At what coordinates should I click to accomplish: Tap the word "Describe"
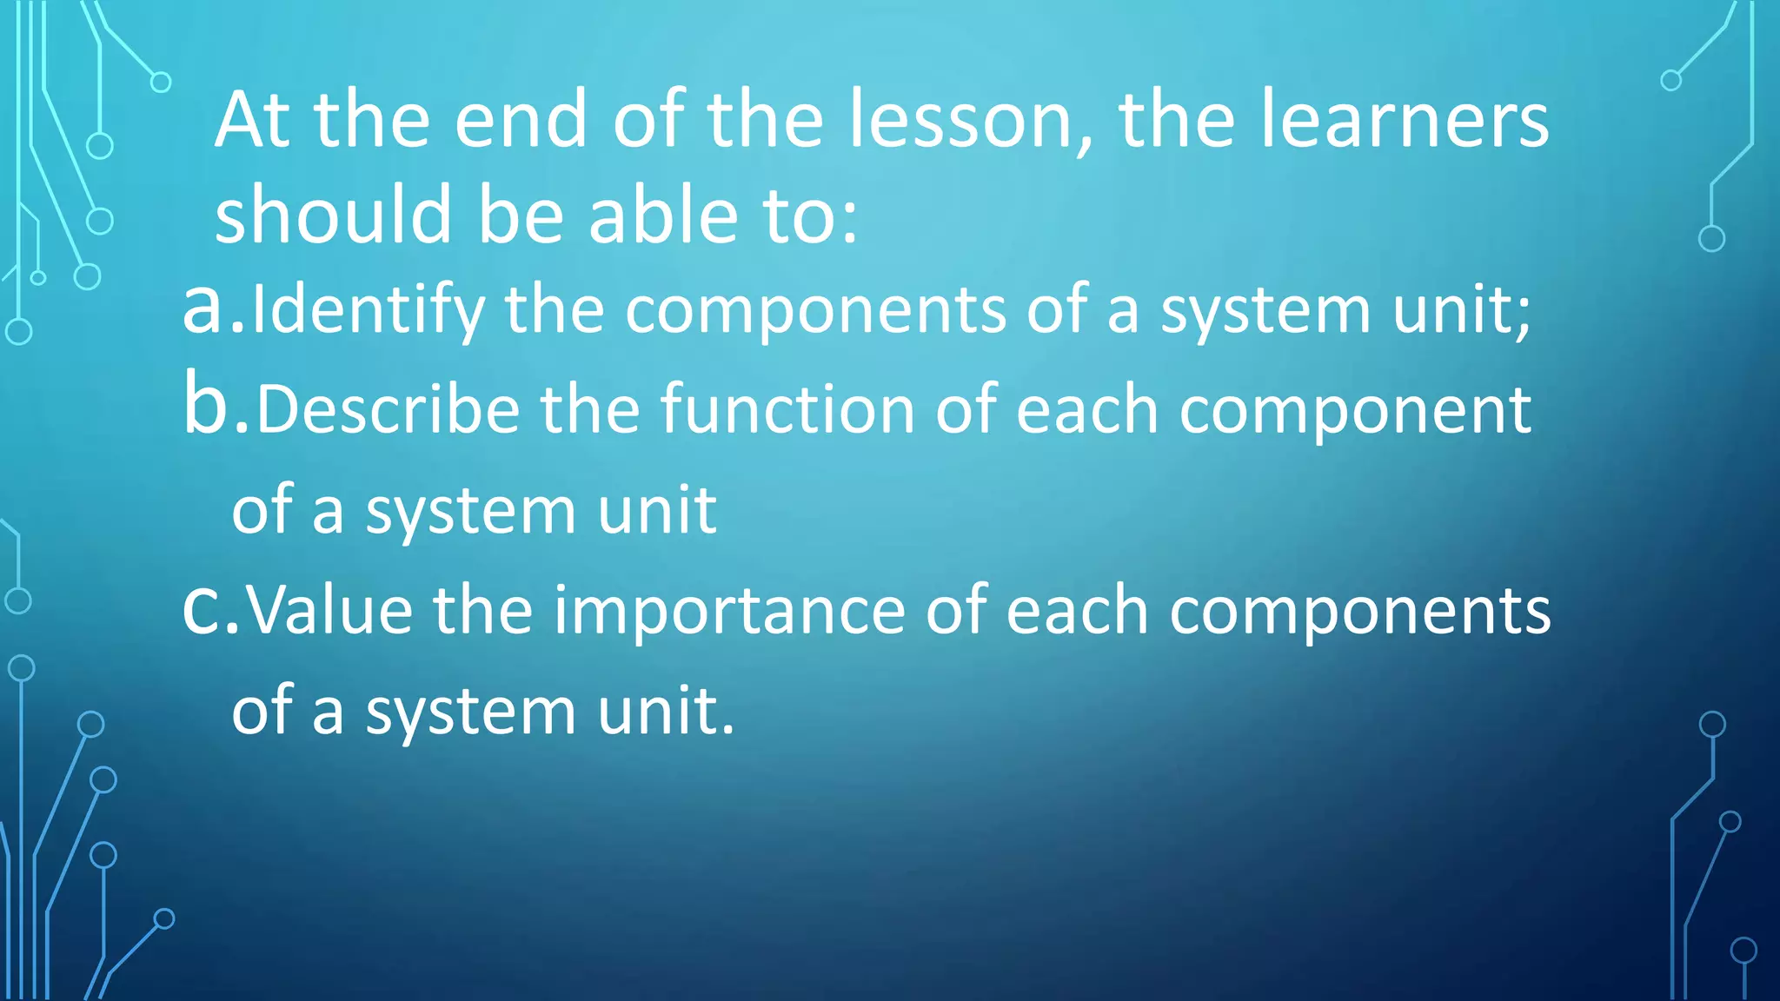coord(388,410)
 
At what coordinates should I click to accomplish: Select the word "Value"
coord(330,610)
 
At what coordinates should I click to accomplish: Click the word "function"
coord(787,410)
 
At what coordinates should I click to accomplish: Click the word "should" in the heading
coord(334,215)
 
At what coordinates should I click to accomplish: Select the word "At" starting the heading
coord(252,122)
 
